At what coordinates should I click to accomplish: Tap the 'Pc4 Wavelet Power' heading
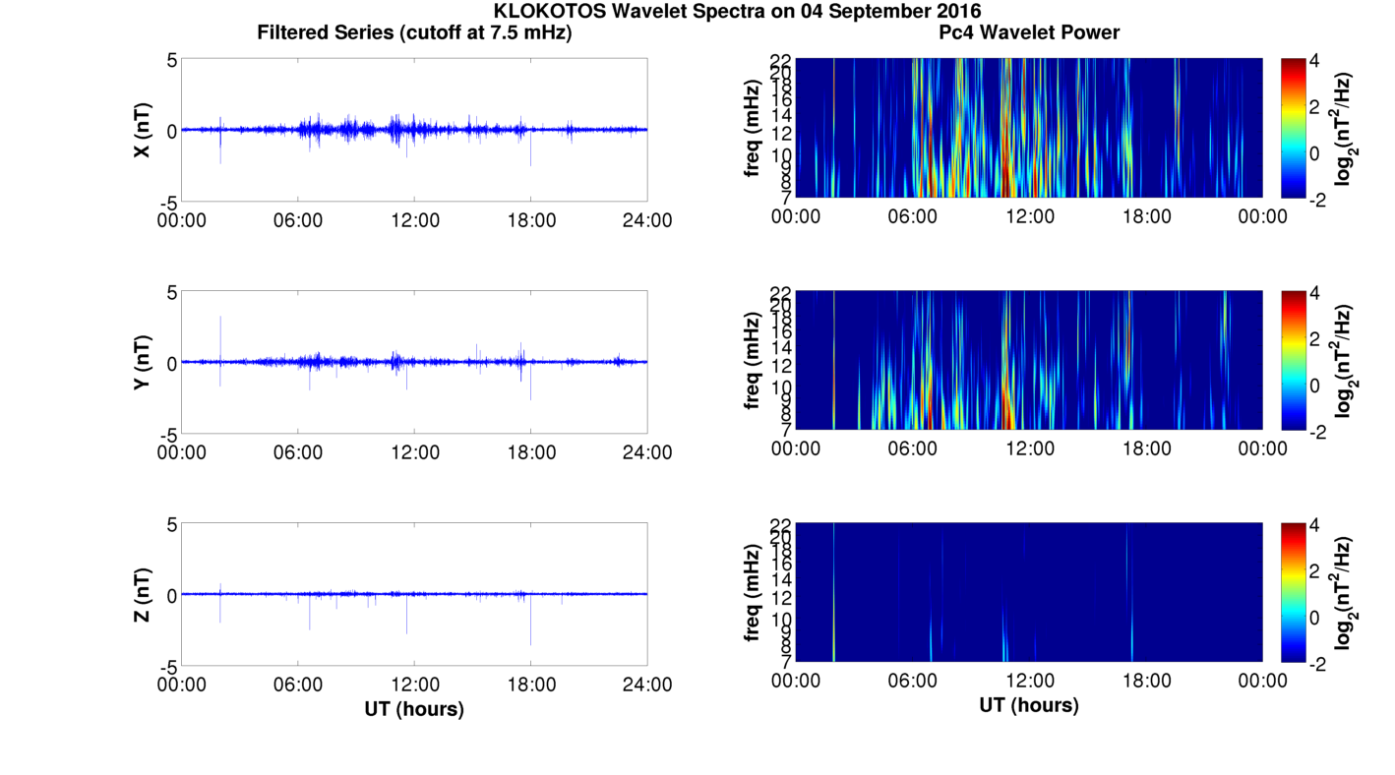pos(1029,32)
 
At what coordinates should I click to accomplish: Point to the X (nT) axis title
pos(142,130)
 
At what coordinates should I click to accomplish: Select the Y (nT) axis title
pos(142,362)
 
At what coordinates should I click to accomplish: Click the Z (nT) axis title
pos(142,594)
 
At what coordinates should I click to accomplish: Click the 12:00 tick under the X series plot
pos(414,220)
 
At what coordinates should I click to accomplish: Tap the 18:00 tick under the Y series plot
pos(531,452)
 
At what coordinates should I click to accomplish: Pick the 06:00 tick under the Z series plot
pos(298,685)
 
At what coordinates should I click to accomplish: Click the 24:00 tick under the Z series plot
pos(647,685)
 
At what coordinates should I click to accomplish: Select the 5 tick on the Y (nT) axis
pos(171,292)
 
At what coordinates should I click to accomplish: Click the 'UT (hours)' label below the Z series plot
pos(414,708)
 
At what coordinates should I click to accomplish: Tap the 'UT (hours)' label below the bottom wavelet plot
pos(1029,705)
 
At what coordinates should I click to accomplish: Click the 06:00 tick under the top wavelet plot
pos(912,216)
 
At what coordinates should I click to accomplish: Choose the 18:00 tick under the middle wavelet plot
pos(1146,448)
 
